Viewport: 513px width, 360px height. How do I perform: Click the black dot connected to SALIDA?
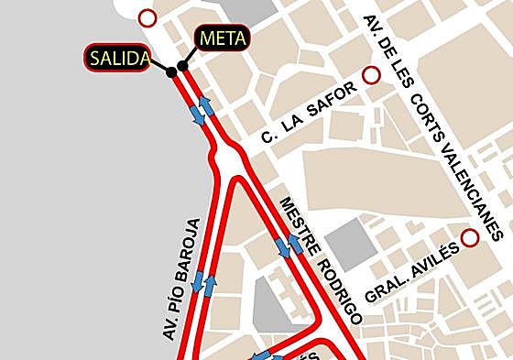point(170,71)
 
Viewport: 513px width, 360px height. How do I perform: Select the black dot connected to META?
point(182,66)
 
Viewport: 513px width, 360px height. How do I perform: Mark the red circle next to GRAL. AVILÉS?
point(470,238)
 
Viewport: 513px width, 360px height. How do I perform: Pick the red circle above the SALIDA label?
point(147,16)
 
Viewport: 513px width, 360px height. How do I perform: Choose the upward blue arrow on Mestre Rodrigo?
point(295,244)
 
